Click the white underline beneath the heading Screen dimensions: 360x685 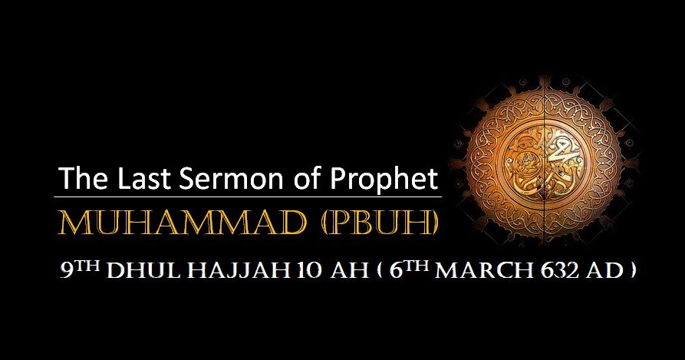(250, 197)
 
